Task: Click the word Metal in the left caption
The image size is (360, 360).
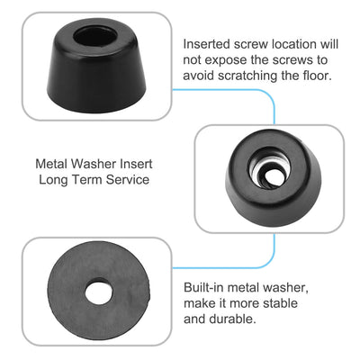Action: pos(52,165)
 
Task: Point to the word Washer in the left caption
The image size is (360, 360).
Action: pos(97,165)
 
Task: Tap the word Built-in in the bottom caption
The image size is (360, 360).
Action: pos(204,287)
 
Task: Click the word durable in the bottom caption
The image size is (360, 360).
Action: pos(208,319)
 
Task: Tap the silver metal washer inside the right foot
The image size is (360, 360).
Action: pos(269,168)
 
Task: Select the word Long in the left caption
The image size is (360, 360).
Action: pos(49,180)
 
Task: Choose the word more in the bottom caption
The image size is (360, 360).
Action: pos(249,303)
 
